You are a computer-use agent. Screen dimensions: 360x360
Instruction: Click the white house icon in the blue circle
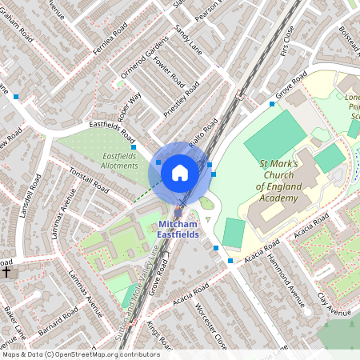click(180, 172)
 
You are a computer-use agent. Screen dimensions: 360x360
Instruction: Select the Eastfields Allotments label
click(120, 160)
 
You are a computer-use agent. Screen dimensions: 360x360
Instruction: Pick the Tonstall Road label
click(87, 178)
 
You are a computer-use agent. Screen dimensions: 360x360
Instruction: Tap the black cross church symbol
click(6, 271)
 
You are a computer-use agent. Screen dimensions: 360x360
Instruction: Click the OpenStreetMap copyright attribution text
click(80, 354)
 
